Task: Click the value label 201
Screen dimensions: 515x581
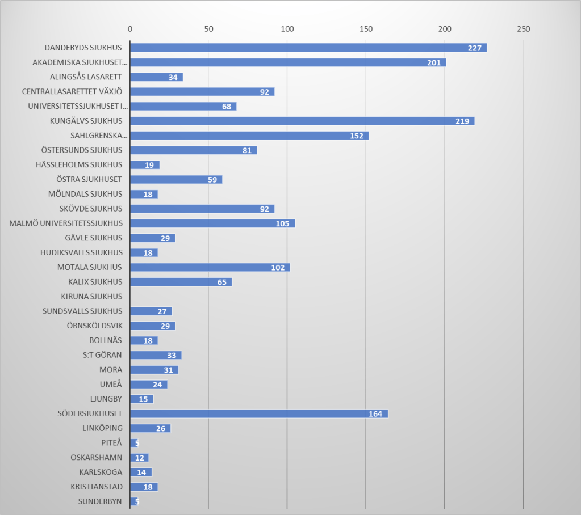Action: (x=434, y=62)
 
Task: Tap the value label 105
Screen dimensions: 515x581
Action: (x=282, y=223)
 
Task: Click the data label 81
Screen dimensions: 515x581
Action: (x=245, y=150)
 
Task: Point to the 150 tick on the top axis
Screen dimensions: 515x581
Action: (x=366, y=29)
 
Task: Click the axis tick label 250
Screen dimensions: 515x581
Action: (x=523, y=29)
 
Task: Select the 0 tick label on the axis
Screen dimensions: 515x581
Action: (x=130, y=29)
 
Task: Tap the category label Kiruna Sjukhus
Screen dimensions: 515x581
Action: (x=91, y=296)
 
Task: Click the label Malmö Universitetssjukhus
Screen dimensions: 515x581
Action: (x=66, y=223)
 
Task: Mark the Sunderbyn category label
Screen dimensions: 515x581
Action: (x=101, y=501)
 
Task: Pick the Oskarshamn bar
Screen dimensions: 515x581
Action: (x=139, y=458)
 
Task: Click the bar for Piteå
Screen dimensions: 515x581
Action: (x=134, y=443)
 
